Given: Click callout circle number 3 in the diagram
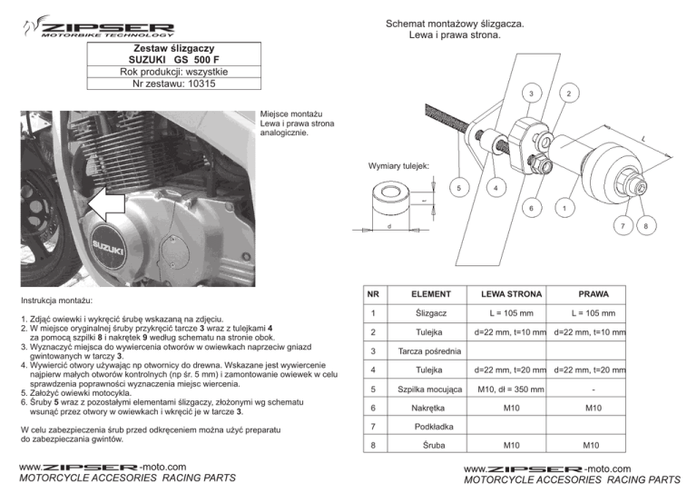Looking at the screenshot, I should point(528,94).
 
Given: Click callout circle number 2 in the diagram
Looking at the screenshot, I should point(567,94).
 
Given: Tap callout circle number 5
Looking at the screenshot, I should point(460,189).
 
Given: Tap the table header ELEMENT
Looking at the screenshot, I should point(432,294).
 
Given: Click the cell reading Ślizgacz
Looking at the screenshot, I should point(432,314).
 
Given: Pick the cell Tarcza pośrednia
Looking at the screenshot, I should point(432,352).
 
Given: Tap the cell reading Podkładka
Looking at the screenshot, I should point(432,427).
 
